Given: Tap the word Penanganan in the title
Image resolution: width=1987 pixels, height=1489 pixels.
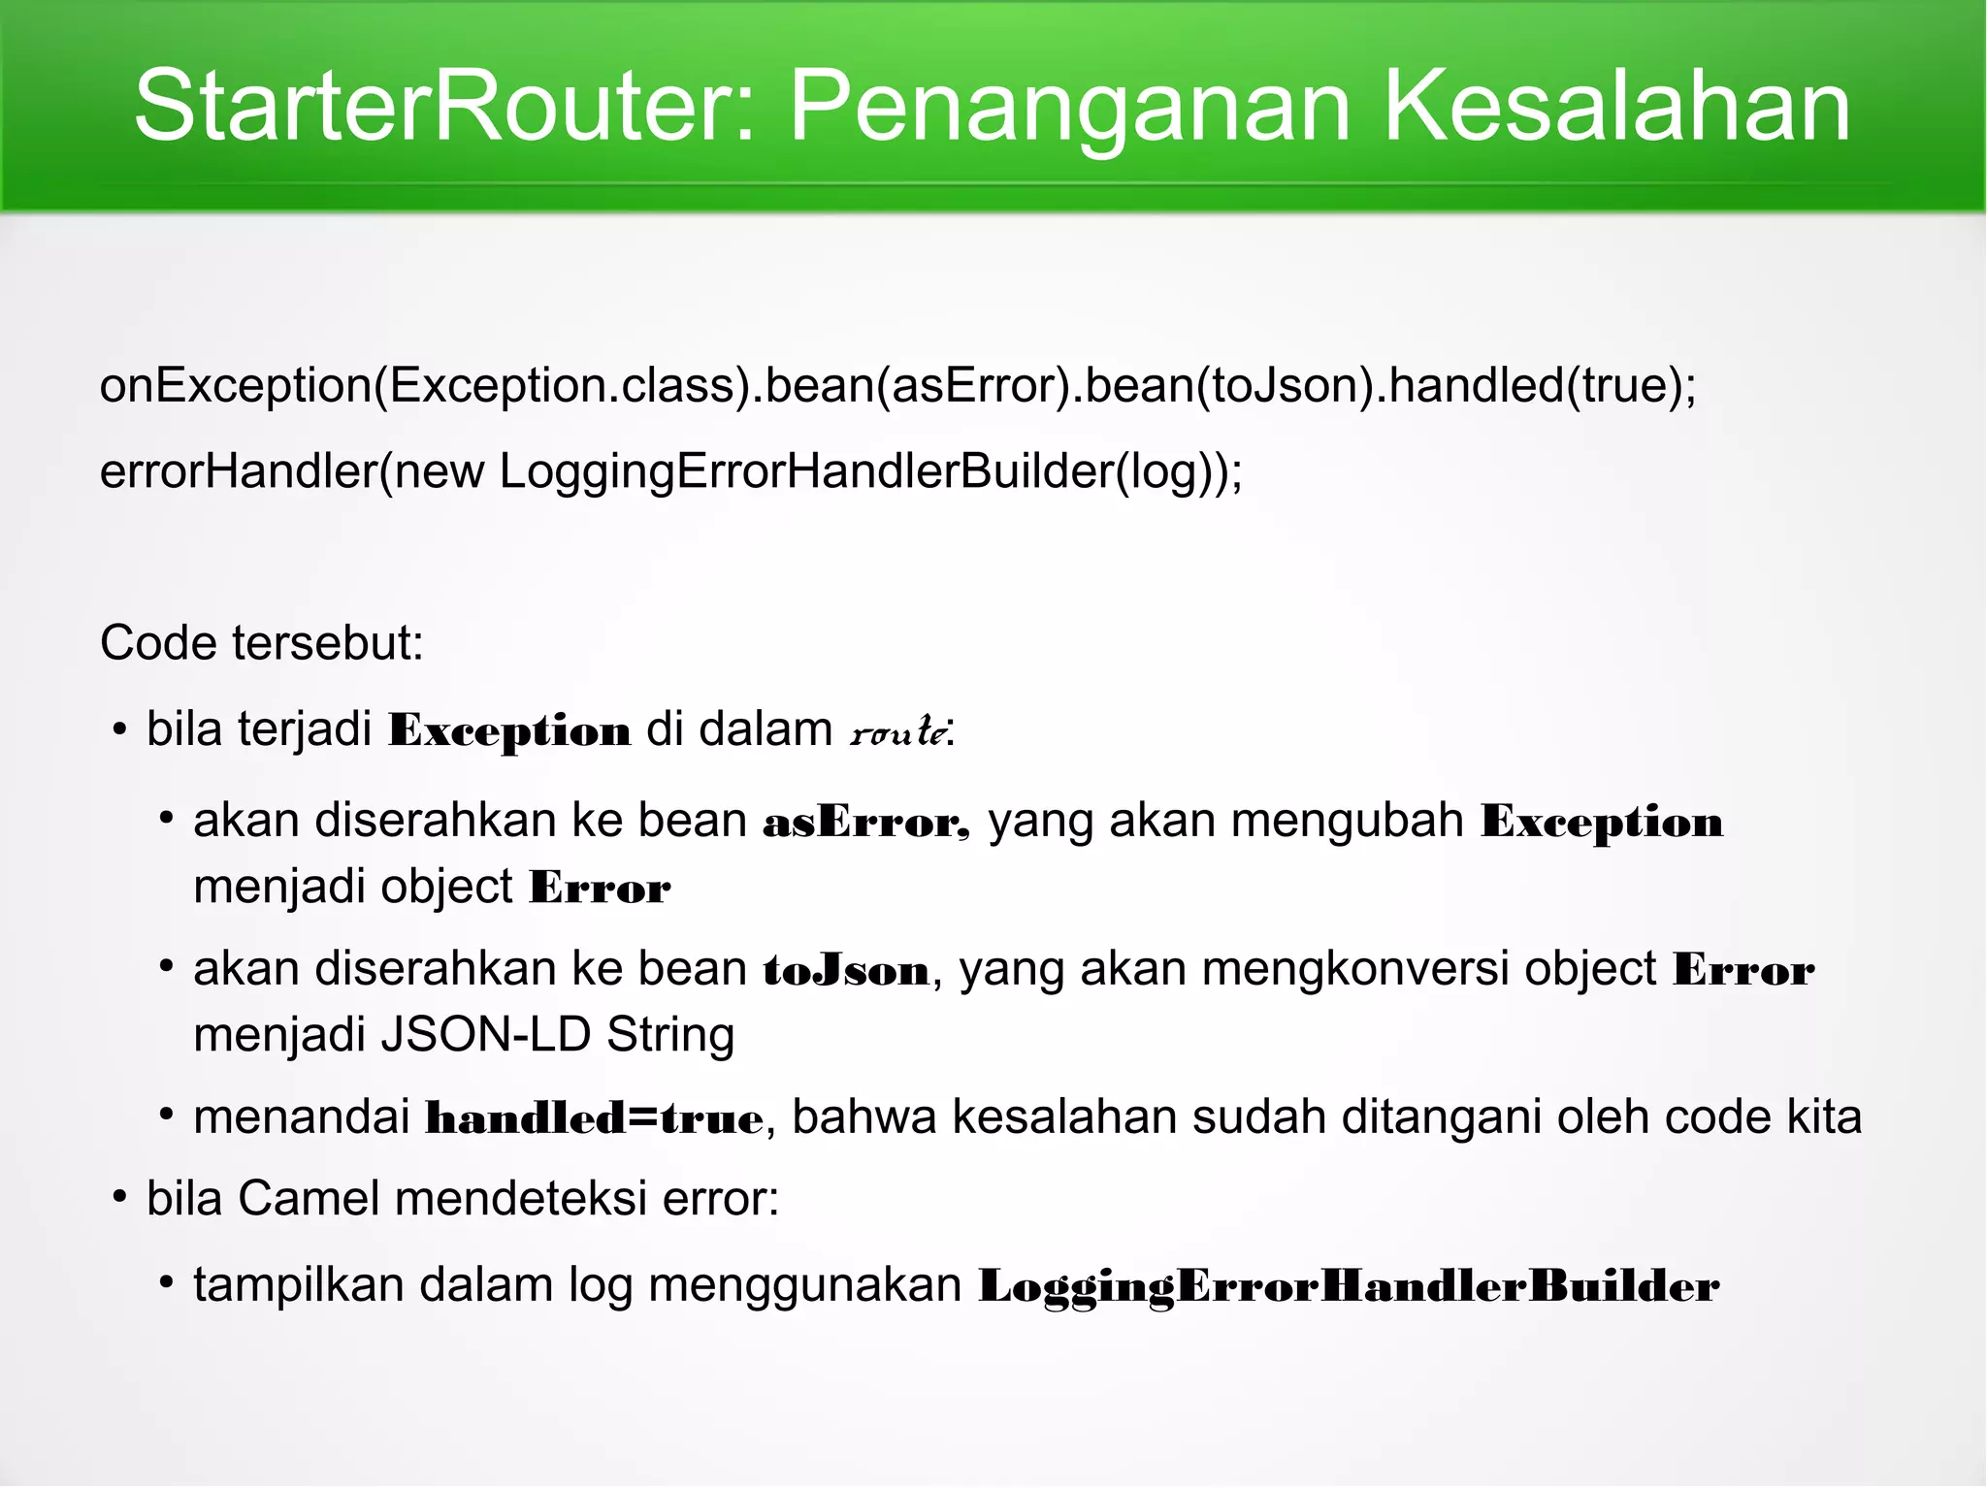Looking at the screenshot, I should click(1070, 107).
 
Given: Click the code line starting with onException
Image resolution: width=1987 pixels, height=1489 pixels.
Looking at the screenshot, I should click(898, 386).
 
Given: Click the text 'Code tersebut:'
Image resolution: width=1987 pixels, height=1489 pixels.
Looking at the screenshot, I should click(262, 643).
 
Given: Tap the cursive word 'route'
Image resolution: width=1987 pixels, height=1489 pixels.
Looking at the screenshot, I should click(897, 730).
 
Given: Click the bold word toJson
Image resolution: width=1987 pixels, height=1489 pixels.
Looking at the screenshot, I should click(846, 970).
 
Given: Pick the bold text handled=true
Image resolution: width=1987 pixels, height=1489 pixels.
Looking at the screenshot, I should click(595, 1118).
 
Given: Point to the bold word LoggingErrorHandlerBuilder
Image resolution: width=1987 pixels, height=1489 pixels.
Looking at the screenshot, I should click(1349, 1286).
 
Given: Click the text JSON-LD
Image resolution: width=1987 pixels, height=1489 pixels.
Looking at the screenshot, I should click(486, 1035).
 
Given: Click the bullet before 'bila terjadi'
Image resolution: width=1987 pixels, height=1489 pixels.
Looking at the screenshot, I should click(119, 729).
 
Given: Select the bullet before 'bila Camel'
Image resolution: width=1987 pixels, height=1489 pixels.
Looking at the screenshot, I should click(119, 1199).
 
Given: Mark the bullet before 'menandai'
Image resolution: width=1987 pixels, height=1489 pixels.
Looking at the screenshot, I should click(167, 1117).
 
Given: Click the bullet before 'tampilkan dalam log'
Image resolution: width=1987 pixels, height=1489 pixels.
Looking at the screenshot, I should click(167, 1284).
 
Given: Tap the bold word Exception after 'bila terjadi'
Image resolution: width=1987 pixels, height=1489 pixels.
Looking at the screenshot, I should click(509, 730).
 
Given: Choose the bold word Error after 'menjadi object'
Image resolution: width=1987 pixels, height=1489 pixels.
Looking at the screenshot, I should click(600, 888).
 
